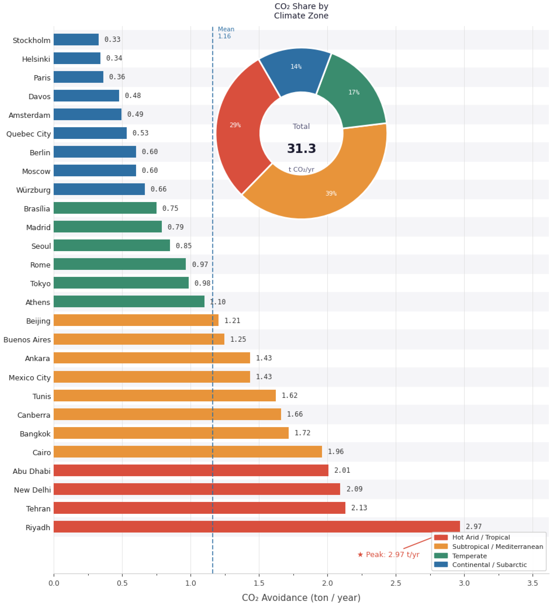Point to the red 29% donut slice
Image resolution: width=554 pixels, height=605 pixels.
[240, 126]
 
